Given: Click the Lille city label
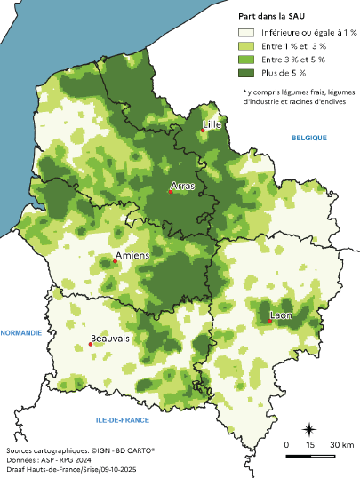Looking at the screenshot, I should [212, 125].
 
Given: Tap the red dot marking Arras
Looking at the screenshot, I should [171, 192].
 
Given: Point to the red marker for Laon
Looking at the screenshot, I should [270, 321].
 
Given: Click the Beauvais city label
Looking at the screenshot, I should [109, 339].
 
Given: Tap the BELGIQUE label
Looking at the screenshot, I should [309, 138].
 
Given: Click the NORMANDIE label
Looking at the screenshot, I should [21, 333].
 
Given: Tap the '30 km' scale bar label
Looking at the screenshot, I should [343, 444].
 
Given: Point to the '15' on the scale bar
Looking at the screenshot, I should [310, 444].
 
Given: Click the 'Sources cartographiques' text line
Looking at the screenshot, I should [80, 451].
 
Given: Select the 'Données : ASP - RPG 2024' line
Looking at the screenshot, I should [53, 461].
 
